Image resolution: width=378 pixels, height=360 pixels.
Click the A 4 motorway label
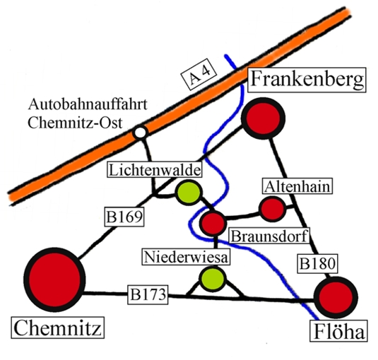coord(199,74)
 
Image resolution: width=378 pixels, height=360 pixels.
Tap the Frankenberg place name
coord(307,80)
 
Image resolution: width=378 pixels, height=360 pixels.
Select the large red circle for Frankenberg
coord(263,118)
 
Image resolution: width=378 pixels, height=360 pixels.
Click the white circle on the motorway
coord(141,132)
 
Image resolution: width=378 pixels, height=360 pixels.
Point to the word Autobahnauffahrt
coord(88,104)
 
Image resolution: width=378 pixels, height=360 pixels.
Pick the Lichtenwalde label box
coord(155,170)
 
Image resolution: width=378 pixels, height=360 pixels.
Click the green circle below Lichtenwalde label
coord(189,193)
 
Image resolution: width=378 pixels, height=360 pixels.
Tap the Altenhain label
coord(297,186)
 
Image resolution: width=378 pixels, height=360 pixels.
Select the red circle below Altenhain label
coord(272,209)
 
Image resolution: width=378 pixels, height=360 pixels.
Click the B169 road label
coord(124,217)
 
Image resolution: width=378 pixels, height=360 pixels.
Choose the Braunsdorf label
coord(269,236)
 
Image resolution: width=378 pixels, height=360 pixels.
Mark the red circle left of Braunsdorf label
coord(213,223)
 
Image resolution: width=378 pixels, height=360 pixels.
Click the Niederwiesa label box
coord(186,257)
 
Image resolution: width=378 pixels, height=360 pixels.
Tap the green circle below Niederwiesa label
coord(213,279)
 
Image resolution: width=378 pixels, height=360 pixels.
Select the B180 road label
coord(317,263)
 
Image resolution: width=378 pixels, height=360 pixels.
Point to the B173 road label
coord(148,294)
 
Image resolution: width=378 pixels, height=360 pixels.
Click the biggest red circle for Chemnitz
coord(54,280)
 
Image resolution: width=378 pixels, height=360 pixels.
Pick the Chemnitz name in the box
coord(58,328)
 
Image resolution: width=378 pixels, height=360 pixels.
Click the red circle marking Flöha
coord(336,297)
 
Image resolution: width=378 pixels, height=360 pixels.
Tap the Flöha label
coord(338,331)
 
